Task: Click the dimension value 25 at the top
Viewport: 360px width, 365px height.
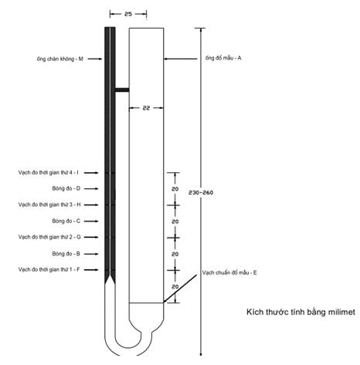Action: [x=128, y=14]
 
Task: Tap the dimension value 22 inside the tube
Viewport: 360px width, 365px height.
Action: [x=146, y=108]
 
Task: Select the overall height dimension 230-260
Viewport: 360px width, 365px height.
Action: [x=201, y=192]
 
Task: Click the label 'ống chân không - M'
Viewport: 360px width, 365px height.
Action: [x=59, y=59]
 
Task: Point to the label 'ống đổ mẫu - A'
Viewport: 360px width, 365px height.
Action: [x=223, y=58]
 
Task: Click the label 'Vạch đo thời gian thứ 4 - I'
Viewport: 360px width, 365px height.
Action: [x=49, y=173]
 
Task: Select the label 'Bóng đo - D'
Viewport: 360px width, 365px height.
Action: [x=66, y=188]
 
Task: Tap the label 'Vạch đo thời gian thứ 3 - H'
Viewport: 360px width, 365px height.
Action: [x=49, y=204]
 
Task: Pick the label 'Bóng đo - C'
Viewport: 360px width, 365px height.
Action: [x=66, y=221]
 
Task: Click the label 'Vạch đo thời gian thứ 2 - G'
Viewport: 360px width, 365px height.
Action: [x=49, y=237]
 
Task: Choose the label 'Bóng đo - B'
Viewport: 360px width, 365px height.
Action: [x=66, y=254]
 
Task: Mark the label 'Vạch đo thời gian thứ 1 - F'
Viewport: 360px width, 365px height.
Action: [x=49, y=269]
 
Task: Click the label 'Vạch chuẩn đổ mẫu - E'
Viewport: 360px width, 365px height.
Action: [x=229, y=272]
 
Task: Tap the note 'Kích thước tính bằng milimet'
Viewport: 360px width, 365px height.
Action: [x=301, y=312]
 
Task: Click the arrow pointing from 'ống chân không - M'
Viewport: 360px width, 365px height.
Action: [x=95, y=59]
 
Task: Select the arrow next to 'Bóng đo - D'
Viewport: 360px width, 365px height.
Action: [x=91, y=189]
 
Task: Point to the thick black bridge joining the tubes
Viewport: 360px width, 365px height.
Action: [x=122, y=90]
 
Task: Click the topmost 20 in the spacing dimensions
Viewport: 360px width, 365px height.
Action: [x=175, y=189]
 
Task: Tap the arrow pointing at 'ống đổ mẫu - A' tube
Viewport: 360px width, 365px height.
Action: [x=181, y=59]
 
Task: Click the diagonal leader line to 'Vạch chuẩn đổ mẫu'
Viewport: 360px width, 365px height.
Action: [x=180, y=288]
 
